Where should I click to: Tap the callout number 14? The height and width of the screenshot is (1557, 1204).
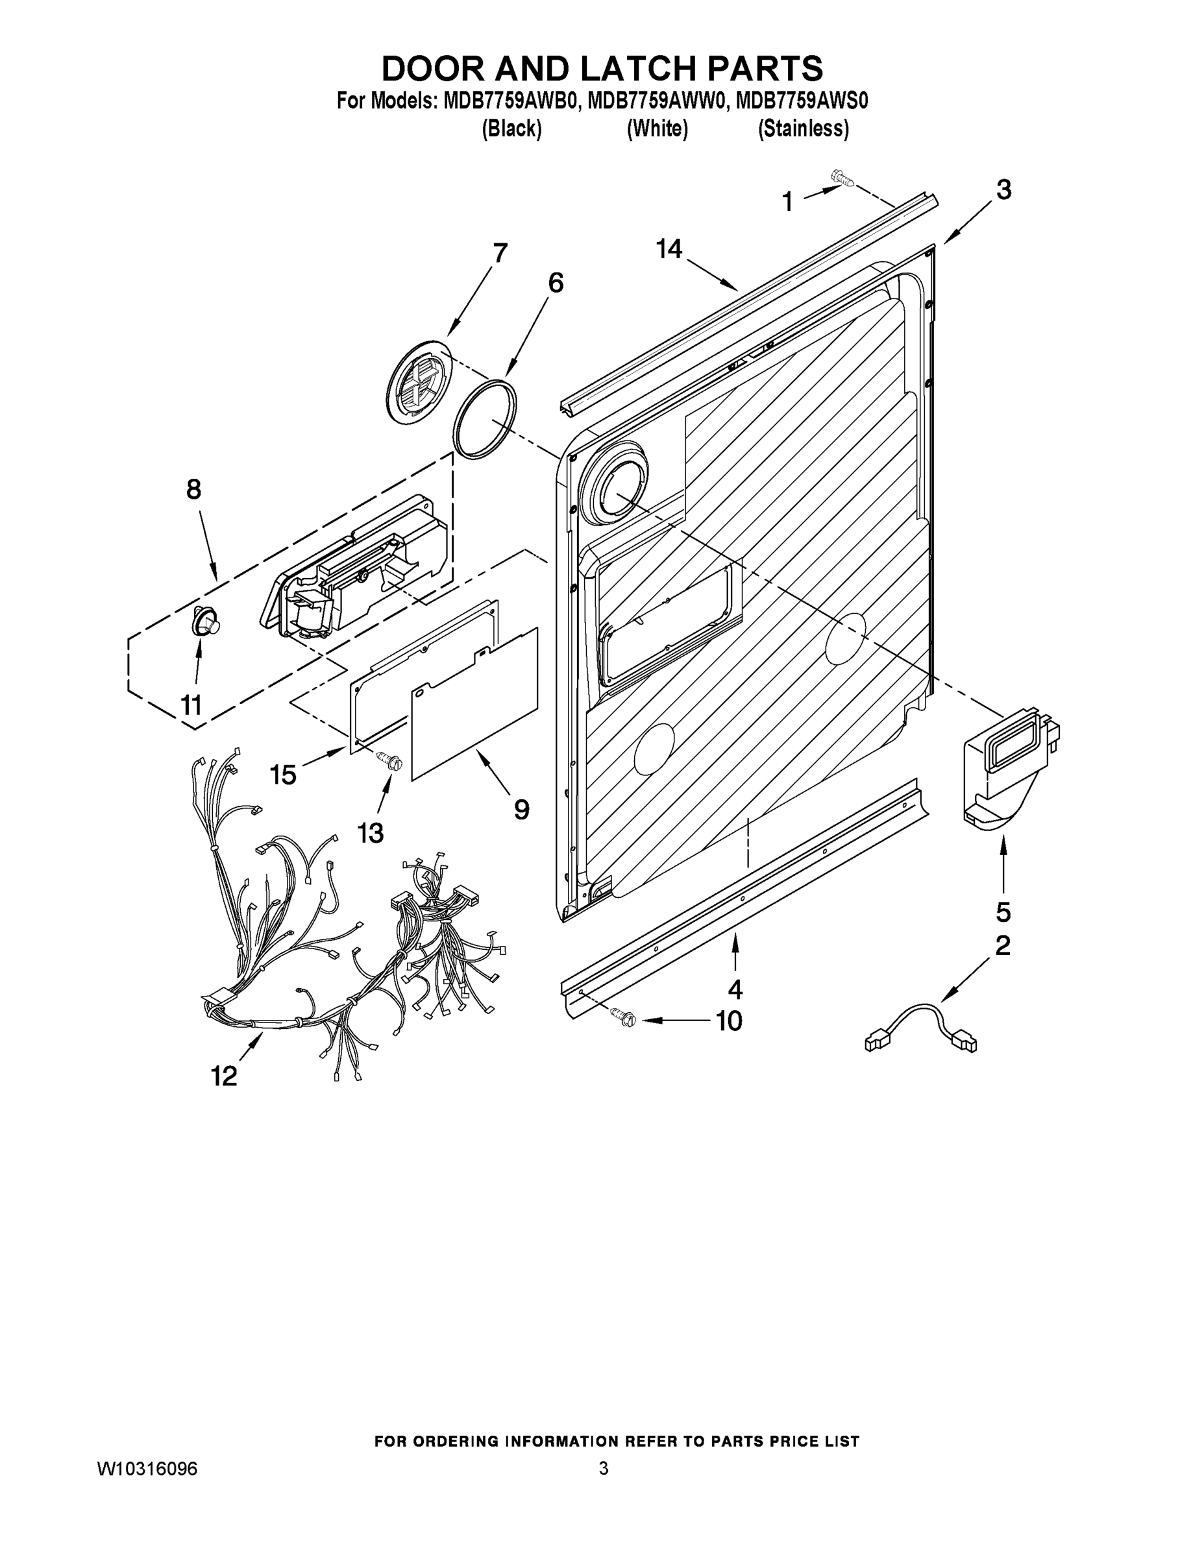click(x=669, y=249)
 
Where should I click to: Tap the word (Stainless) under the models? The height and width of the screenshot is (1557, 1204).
click(x=803, y=129)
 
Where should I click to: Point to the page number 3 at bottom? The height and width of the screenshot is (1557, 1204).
click(x=604, y=1469)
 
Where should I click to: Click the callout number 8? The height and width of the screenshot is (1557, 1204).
click(x=193, y=490)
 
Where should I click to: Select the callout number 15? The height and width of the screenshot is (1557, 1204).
click(x=283, y=774)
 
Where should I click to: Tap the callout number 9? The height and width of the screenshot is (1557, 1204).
click(x=521, y=809)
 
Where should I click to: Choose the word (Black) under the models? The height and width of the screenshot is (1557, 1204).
click(x=511, y=129)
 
